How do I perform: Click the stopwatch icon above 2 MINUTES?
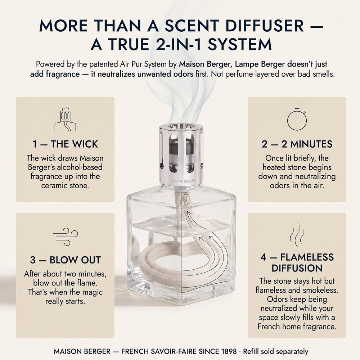coord(297,120)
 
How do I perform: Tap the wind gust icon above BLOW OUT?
coord(66,237)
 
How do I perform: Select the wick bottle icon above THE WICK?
coord(65,120)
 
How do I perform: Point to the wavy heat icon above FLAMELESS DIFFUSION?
coord(297,234)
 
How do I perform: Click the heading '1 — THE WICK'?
coord(65,144)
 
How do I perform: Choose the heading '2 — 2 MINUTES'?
coord(297,144)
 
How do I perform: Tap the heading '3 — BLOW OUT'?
coord(66,260)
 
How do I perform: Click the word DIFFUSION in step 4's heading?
coord(297,268)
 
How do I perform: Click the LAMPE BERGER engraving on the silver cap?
coord(183,181)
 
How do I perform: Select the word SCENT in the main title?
coord(192,26)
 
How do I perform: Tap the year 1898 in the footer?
coord(229,351)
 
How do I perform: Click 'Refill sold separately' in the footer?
coord(275,351)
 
